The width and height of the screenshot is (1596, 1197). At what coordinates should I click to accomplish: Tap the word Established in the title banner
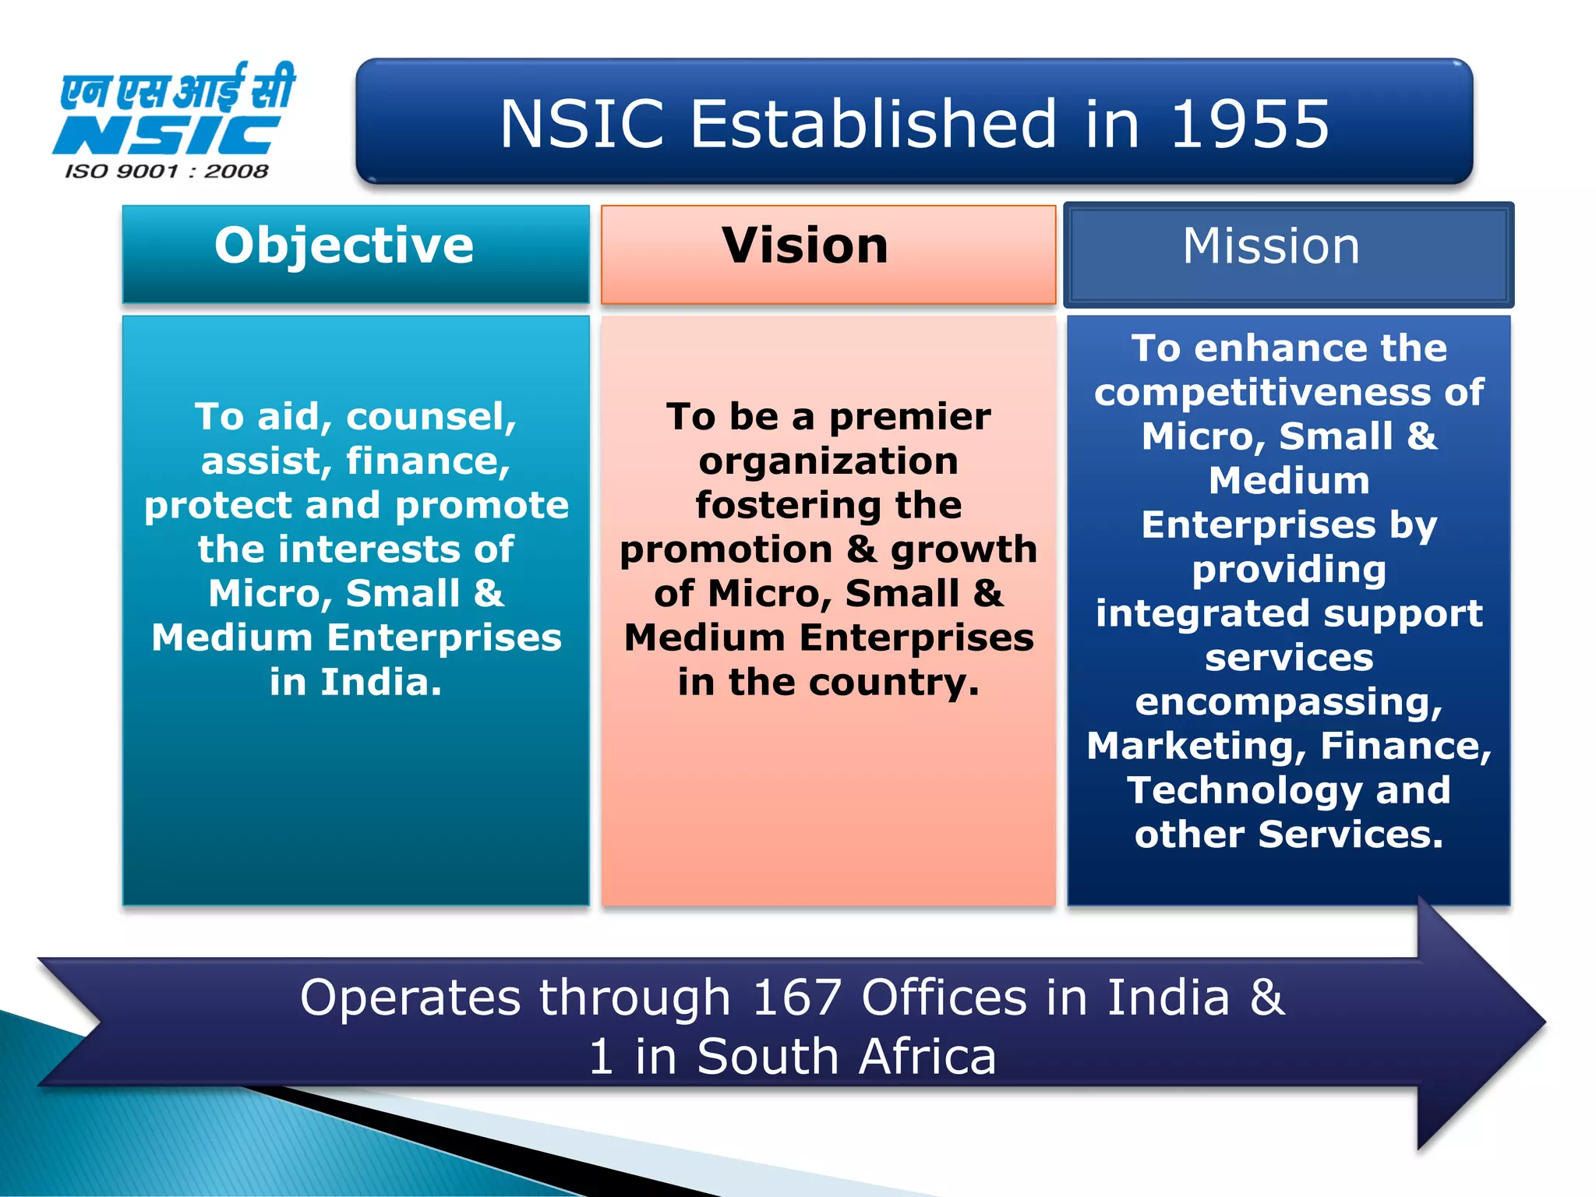(x=872, y=125)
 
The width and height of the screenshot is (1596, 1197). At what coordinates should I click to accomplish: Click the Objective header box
(x=355, y=253)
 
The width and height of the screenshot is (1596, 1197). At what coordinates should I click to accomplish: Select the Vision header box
(x=828, y=253)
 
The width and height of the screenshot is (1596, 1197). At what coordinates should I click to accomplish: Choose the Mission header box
(x=1288, y=253)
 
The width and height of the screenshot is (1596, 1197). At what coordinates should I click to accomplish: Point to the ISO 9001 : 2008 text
(x=167, y=171)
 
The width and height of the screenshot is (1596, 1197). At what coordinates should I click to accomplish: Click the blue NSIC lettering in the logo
(x=167, y=136)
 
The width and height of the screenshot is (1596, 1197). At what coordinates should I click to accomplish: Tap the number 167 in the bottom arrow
(x=796, y=997)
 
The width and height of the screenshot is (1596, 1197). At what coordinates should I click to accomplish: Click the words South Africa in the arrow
(x=846, y=1058)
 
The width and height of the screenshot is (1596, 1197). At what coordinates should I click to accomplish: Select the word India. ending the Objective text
(x=381, y=683)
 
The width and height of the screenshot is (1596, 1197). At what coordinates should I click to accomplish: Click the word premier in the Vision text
(x=909, y=417)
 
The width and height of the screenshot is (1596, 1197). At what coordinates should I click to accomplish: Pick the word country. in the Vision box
(x=894, y=683)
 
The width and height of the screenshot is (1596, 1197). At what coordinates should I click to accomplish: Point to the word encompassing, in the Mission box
(x=1289, y=702)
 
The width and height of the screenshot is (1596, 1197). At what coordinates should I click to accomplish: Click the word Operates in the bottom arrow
(x=410, y=997)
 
